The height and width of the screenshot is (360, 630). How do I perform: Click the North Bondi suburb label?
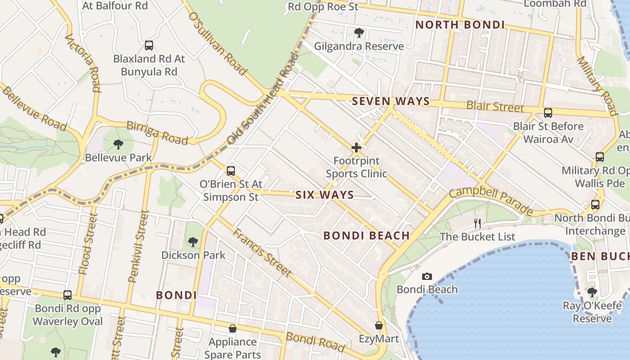click(x=460, y=25)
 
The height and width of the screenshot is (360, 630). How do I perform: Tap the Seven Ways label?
click(x=391, y=101)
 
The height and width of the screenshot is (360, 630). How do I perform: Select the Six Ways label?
click(x=324, y=195)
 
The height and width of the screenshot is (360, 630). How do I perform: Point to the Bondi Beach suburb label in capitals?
click(x=366, y=235)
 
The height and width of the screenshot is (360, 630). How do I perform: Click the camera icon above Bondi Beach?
click(x=427, y=276)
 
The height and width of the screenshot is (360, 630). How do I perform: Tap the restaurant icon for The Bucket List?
click(x=477, y=223)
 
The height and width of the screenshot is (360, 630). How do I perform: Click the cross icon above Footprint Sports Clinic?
click(x=356, y=148)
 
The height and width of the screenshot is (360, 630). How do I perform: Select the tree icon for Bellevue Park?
click(x=118, y=144)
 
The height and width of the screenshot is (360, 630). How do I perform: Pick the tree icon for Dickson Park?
click(x=193, y=242)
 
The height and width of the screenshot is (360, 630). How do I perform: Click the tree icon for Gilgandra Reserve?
click(x=359, y=32)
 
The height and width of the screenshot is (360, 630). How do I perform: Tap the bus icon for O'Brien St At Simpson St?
click(x=231, y=171)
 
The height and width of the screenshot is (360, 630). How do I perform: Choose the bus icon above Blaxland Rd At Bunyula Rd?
click(x=149, y=45)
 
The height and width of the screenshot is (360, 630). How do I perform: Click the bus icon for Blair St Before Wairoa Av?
click(x=548, y=113)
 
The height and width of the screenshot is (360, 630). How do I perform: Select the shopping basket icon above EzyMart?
click(x=379, y=325)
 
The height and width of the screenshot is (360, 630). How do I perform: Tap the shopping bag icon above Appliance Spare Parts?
click(x=233, y=329)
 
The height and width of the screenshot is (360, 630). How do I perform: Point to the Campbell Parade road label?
click(x=491, y=198)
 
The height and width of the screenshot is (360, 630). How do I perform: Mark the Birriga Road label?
click(x=157, y=132)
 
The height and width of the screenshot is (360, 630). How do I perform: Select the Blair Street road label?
click(x=495, y=107)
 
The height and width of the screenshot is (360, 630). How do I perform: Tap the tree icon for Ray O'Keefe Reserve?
click(x=592, y=292)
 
